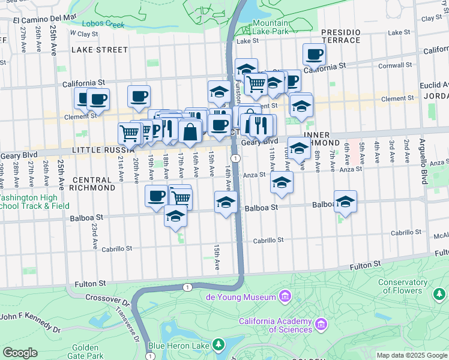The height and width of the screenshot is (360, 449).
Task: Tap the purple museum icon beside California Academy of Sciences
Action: [322, 325]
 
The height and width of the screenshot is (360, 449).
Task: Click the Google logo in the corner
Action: [19, 352]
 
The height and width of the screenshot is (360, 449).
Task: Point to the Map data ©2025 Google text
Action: [412, 355]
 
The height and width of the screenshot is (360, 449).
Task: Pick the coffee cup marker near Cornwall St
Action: [314, 55]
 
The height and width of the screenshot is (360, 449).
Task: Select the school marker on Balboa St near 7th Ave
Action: [345, 202]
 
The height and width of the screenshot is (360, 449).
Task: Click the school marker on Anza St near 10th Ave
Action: [281, 182]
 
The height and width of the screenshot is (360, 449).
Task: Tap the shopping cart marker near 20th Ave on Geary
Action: [130, 133]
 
